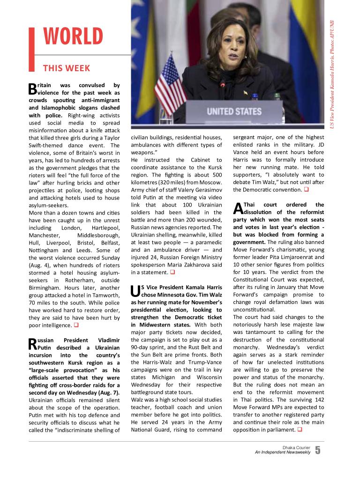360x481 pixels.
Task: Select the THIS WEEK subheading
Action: click(x=67, y=68)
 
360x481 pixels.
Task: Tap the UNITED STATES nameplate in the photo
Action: click(x=234, y=112)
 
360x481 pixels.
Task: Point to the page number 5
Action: click(x=318, y=451)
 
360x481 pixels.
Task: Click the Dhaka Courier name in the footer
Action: click(x=296, y=447)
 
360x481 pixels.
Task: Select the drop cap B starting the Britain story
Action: click(x=32, y=88)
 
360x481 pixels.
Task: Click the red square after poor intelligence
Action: click(x=75, y=325)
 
